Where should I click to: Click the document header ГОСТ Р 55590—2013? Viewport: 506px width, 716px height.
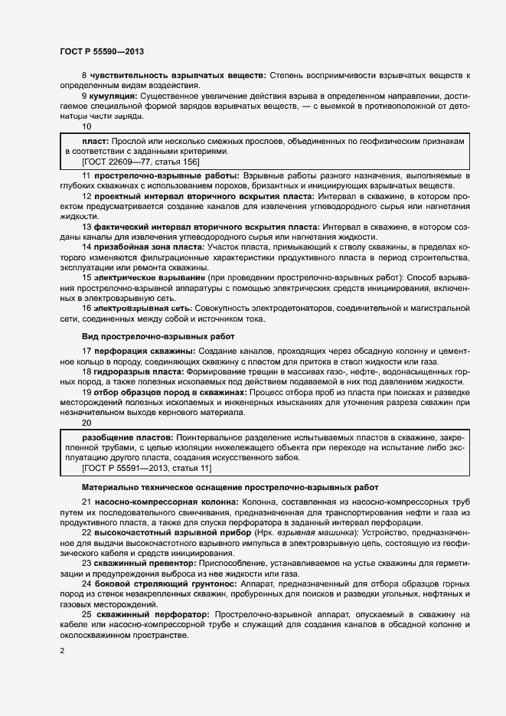coord(102,51)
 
